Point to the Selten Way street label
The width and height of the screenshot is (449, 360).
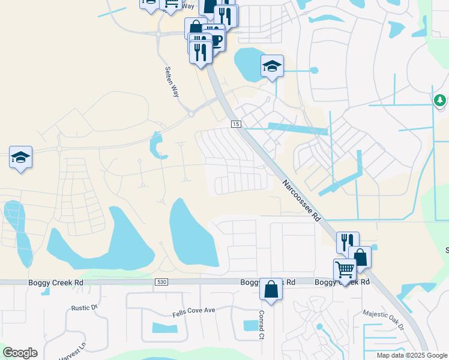click(x=172, y=82)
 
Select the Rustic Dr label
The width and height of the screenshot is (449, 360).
click(x=83, y=308)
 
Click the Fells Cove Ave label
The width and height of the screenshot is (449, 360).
click(x=193, y=310)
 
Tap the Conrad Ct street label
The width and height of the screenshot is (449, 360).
click(x=261, y=324)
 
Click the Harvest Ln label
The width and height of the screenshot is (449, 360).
click(x=73, y=350)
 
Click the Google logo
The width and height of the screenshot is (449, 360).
click(x=20, y=353)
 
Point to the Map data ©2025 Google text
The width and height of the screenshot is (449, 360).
click(x=412, y=355)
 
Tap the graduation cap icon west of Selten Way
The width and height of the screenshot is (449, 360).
click(x=21, y=158)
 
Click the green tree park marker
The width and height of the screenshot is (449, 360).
click(x=440, y=100)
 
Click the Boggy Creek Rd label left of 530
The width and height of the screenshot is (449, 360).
click(x=53, y=282)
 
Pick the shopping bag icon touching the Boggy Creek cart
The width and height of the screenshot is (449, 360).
click(x=360, y=257)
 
